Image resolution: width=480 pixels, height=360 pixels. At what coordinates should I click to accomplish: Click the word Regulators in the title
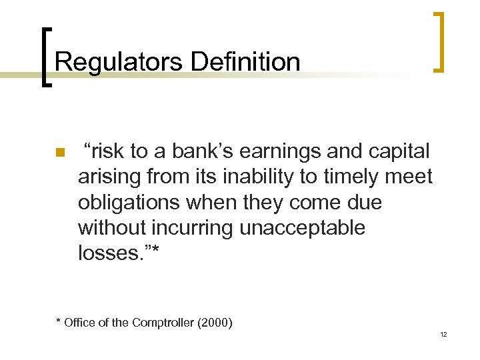point(119,62)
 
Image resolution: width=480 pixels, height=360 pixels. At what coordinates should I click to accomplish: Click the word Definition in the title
point(245,62)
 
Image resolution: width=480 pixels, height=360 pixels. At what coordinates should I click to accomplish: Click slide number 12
point(443,334)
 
